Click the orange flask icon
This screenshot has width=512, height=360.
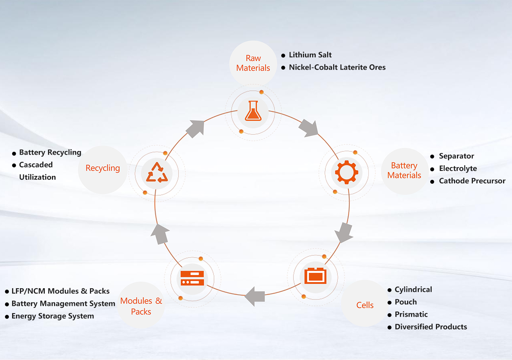[x=253, y=111]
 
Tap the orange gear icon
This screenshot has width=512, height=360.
[x=347, y=172]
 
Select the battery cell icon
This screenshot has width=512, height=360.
[x=315, y=276]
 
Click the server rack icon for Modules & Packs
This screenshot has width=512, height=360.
[x=192, y=278]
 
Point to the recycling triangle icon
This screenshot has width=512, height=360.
[x=157, y=173]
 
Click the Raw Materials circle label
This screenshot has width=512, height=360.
[x=253, y=63]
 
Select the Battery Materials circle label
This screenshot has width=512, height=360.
[x=404, y=171]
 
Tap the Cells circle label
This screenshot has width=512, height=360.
[x=365, y=305]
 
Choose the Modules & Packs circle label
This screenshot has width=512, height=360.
[x=141, y=306]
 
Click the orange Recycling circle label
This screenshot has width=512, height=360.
[x=103, y=168]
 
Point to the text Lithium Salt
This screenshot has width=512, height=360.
[x=310, y=55]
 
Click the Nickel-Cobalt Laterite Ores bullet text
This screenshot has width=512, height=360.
[x=337, y=68]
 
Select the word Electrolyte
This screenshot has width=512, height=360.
[x=458, y=168]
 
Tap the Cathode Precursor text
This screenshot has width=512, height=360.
[x=472, y=181]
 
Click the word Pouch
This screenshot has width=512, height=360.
[x=406, y=302]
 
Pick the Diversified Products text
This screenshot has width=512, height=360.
[x=431, y=327]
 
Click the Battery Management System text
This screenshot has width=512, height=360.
[x=63, y=304]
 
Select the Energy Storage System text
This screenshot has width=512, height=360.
[x=53, y=316]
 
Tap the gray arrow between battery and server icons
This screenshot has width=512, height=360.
[x=256, y=296]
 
